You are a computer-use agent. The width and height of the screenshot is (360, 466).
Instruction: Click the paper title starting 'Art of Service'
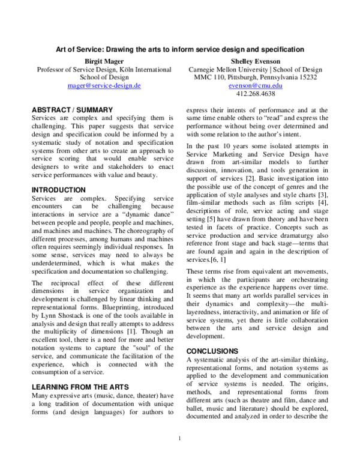pos(180,49)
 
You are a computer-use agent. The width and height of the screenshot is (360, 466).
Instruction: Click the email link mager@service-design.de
pos(104,86)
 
